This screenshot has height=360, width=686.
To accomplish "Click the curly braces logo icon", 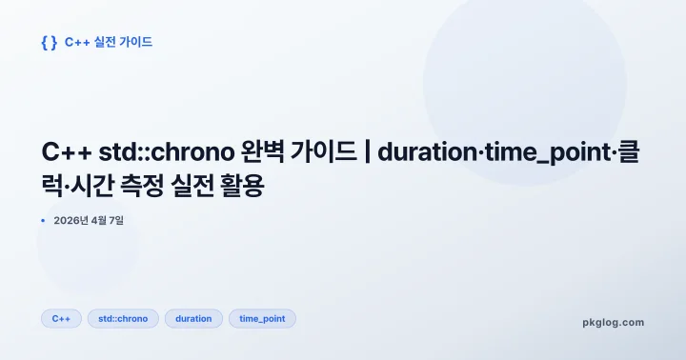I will (x=50, y=42).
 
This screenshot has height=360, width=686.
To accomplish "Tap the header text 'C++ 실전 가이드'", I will (x=109, y=42).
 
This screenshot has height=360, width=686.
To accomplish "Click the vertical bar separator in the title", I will (x=366, y=154).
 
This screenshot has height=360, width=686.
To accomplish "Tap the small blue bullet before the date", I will (x=43, y=221).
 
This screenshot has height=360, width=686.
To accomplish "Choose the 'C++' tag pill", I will (x=61, y=319).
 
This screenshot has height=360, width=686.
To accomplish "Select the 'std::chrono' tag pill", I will (x=123, y=319).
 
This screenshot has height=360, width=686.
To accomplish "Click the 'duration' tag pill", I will (x=193, y=319).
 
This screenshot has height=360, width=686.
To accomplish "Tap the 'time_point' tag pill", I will (x=262, y=319).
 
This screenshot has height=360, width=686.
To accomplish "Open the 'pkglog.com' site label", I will (x=613, y=322).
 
